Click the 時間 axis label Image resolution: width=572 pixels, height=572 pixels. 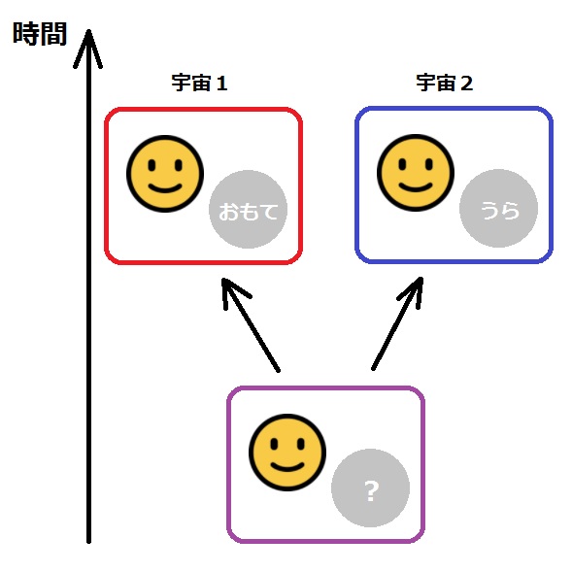click(40, 34)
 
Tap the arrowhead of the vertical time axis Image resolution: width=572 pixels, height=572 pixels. click(88, 31)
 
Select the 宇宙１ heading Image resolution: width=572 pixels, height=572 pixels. click(199, 83)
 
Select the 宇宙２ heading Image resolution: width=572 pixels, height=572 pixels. click(445, 83)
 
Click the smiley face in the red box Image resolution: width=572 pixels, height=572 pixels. click(165, 174)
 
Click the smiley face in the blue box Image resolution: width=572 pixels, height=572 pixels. click(416, 173)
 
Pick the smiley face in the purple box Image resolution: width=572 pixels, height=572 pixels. click(287, 453)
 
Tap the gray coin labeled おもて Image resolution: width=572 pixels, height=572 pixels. click(248, 210)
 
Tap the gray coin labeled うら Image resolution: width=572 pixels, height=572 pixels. click(498, 208)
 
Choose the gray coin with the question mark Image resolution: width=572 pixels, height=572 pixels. click(371, 488)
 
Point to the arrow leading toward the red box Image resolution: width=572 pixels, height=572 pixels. click(251, 324)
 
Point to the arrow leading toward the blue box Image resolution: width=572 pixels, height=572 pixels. click(397, 323)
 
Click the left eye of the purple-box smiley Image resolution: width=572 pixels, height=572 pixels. click(274, 445)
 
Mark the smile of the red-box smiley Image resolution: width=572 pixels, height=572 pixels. click(165, 188)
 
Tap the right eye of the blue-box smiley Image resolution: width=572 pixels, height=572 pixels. click(429, 164)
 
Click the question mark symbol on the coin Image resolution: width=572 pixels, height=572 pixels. click(371, 491)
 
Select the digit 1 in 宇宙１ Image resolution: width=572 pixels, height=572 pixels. click(221, 84)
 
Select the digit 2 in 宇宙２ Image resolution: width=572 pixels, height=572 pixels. click(466, 84)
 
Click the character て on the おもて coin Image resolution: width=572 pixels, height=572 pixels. click(270, 212)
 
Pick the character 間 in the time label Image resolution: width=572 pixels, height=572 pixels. click(54, 34)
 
